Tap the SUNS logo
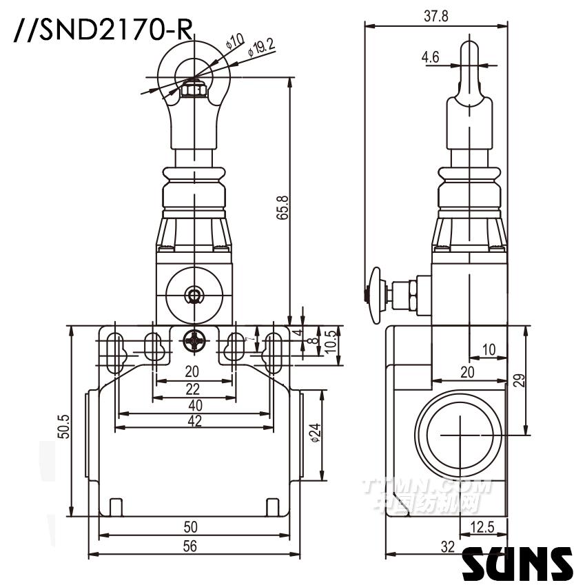tap(517, 564)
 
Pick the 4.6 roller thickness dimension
tap(431, 58)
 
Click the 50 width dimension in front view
tap(190, 527)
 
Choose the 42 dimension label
tap(194, 421)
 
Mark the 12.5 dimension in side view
tap(481, 528)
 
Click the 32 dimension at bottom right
tap(447, 547)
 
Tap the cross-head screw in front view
tap(194, 339)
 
